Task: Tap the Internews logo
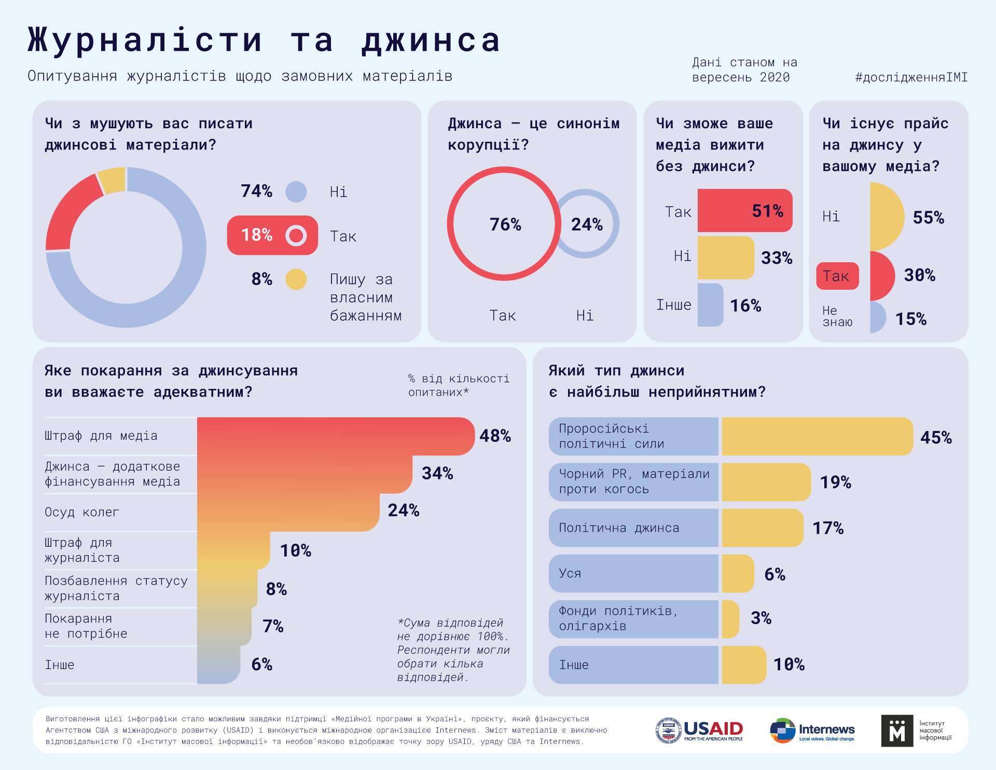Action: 812,731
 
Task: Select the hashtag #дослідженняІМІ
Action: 911,77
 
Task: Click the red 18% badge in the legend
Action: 272,235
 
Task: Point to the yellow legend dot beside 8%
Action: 296,279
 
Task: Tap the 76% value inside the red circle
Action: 505,224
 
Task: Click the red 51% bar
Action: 744,211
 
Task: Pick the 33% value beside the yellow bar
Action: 777,258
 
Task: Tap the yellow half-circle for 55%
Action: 886,216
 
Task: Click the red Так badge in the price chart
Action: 837,276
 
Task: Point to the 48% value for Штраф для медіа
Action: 495,436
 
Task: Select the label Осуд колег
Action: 82,513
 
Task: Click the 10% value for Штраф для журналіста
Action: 296,551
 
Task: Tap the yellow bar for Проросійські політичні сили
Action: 817,436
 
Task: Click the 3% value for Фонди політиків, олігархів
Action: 761,618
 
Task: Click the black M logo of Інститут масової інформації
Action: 897,731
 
